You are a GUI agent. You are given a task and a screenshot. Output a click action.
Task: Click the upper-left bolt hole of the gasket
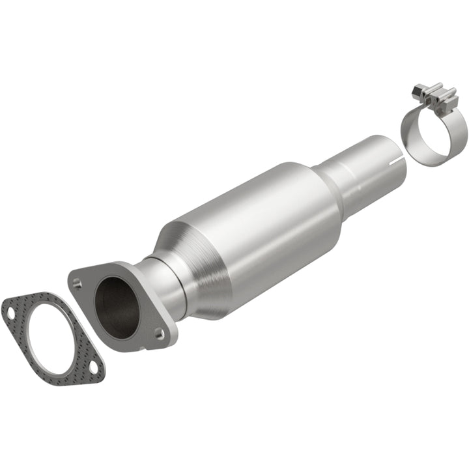[x=10, y=313]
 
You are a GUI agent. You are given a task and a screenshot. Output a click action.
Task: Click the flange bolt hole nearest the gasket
[x=78, y=283]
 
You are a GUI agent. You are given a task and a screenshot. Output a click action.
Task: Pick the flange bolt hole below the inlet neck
[x=159, y=334]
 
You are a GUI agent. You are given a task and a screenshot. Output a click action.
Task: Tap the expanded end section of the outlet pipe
[x=375, y=163]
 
